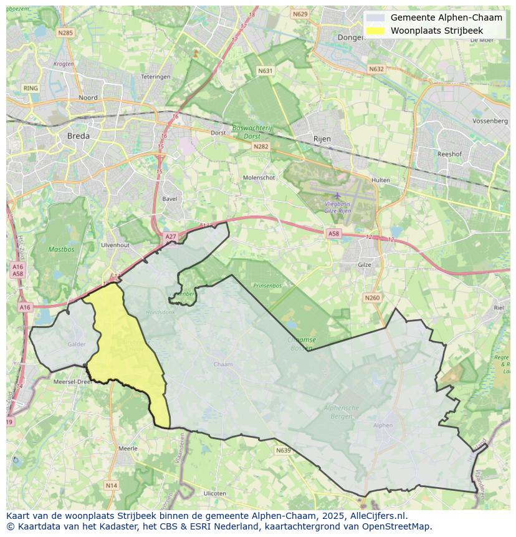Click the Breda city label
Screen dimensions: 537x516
pos(78,135)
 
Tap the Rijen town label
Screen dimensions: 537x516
pos(322,138)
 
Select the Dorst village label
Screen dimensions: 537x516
pos(218,133)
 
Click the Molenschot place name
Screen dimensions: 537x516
pos(259,178)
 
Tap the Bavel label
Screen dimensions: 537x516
pos(169,199)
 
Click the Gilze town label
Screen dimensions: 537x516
pos(365,264)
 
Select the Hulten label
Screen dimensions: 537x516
pos(380,180)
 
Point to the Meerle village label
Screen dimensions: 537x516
pos(128,448)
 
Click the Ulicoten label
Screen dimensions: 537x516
pos(215,493)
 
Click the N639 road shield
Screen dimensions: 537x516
pos(283,450)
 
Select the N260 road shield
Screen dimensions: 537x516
pos(372,298)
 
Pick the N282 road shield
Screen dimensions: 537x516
pos(260,147)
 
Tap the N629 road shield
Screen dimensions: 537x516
pos(300,14)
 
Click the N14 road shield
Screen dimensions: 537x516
pos(111,485)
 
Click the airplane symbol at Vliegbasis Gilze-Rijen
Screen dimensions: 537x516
pos(337,196)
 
